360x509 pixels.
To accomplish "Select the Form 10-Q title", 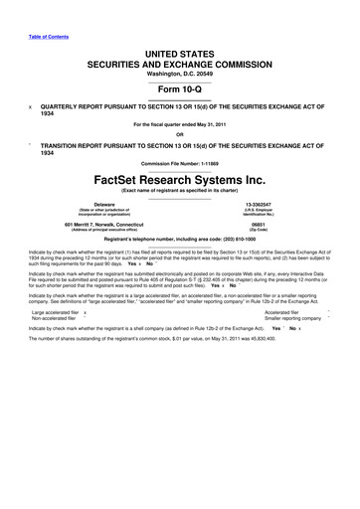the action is (x=179, y=87).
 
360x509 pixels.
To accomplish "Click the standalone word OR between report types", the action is (x=179, y=135).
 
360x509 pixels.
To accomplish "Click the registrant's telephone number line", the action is (x=179, y=242).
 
